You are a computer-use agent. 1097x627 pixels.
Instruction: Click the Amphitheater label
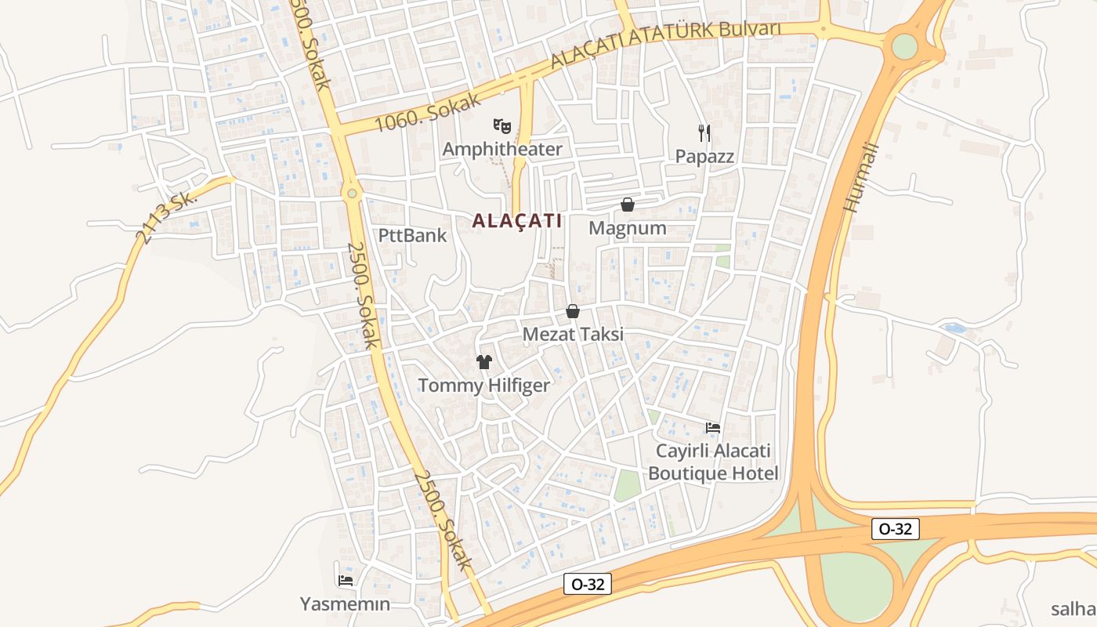coord(502,149)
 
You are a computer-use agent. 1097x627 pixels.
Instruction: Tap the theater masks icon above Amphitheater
coord(502,125)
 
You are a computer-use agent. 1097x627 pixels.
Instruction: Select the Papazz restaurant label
coord(705,156)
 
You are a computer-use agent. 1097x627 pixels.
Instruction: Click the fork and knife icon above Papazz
coord(704,132)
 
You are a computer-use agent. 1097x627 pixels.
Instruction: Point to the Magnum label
coord(628,228)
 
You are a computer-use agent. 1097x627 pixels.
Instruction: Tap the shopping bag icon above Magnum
coord(628,205)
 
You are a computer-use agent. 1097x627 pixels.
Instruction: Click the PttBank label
coord(412,235)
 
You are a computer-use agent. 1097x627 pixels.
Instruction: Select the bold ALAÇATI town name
coord(517,221)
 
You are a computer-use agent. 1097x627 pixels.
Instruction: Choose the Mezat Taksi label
coord(573,335)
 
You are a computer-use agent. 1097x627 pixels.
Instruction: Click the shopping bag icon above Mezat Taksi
coord(573,311)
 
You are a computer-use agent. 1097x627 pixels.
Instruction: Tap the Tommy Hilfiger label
coord(483,386)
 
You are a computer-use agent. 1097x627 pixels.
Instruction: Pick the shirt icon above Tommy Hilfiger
coord(484,361)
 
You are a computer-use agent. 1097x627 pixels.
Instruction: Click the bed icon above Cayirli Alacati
coord(713,427)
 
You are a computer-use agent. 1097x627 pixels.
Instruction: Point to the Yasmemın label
coord(345,604)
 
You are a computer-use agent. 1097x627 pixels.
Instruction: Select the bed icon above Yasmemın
coord(345,581)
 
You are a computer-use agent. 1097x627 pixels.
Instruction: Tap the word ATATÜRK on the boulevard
coord(674,37)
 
